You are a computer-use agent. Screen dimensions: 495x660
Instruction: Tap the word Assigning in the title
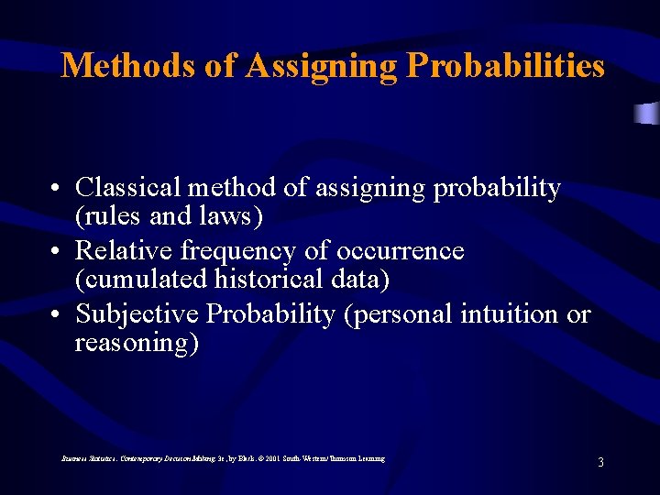[320, 66]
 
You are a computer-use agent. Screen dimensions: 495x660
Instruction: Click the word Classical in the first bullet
[128, 188]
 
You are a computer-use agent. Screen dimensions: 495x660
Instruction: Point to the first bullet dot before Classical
[57, 190]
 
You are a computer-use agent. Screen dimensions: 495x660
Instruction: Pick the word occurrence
[401, 251]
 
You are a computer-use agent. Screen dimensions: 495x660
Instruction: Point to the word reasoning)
[137, 343]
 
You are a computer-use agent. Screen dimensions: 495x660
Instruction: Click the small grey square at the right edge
[648, 114]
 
